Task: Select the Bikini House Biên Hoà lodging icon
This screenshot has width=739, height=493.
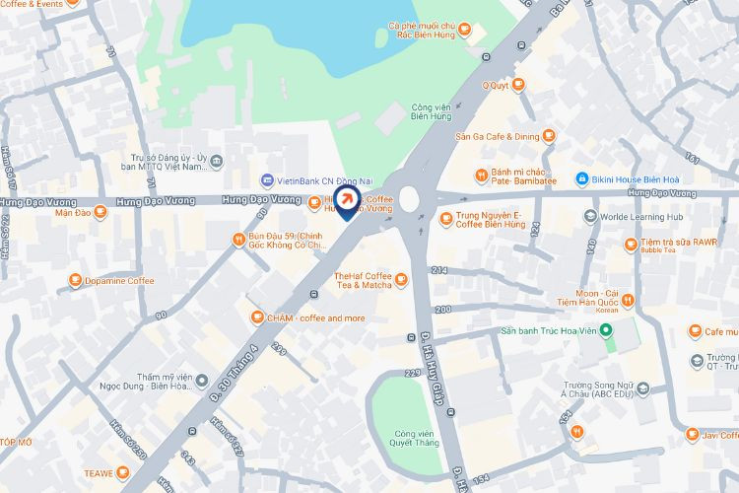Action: (582, 179)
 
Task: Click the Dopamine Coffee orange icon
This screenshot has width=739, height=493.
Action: (75, 281)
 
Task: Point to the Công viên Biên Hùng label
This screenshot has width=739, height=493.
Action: (431, 110)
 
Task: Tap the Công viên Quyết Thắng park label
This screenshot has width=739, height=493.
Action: (415, 438)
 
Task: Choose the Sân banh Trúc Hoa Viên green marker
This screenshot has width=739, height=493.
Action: (608, 346)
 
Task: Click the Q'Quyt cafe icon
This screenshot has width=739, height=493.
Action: (519, 86)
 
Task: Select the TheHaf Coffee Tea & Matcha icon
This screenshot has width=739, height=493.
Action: (401, 281)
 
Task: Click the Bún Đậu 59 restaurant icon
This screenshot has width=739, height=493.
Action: (238, 239)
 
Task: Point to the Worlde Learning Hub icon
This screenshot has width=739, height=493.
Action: (590, 217)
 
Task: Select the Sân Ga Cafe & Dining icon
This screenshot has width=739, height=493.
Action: (550, 136)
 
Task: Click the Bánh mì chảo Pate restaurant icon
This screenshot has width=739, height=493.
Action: (481, 176)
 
